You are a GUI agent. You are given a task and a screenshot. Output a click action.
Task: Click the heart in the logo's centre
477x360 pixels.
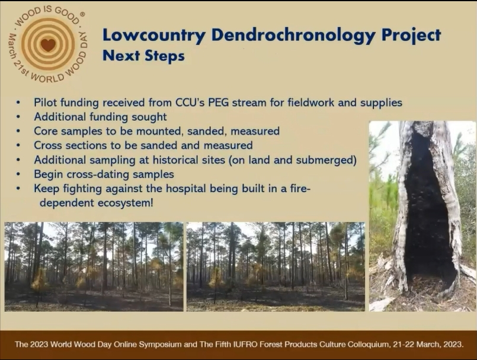[x=49, y=44]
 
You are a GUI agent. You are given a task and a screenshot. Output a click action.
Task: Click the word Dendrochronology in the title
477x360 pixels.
[x=293, y=36]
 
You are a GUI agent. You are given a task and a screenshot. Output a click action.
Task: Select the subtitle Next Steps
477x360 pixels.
[x=143, y=56]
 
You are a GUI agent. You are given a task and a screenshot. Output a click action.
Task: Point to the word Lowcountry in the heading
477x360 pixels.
[x=154, y=36]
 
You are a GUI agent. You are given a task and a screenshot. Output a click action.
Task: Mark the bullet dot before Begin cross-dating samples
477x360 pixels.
[x=18, y=174]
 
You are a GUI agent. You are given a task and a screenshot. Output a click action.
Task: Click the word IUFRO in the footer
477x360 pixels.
[x=244, y=345]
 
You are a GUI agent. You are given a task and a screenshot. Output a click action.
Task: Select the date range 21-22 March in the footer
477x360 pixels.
[x=415, y=345]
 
